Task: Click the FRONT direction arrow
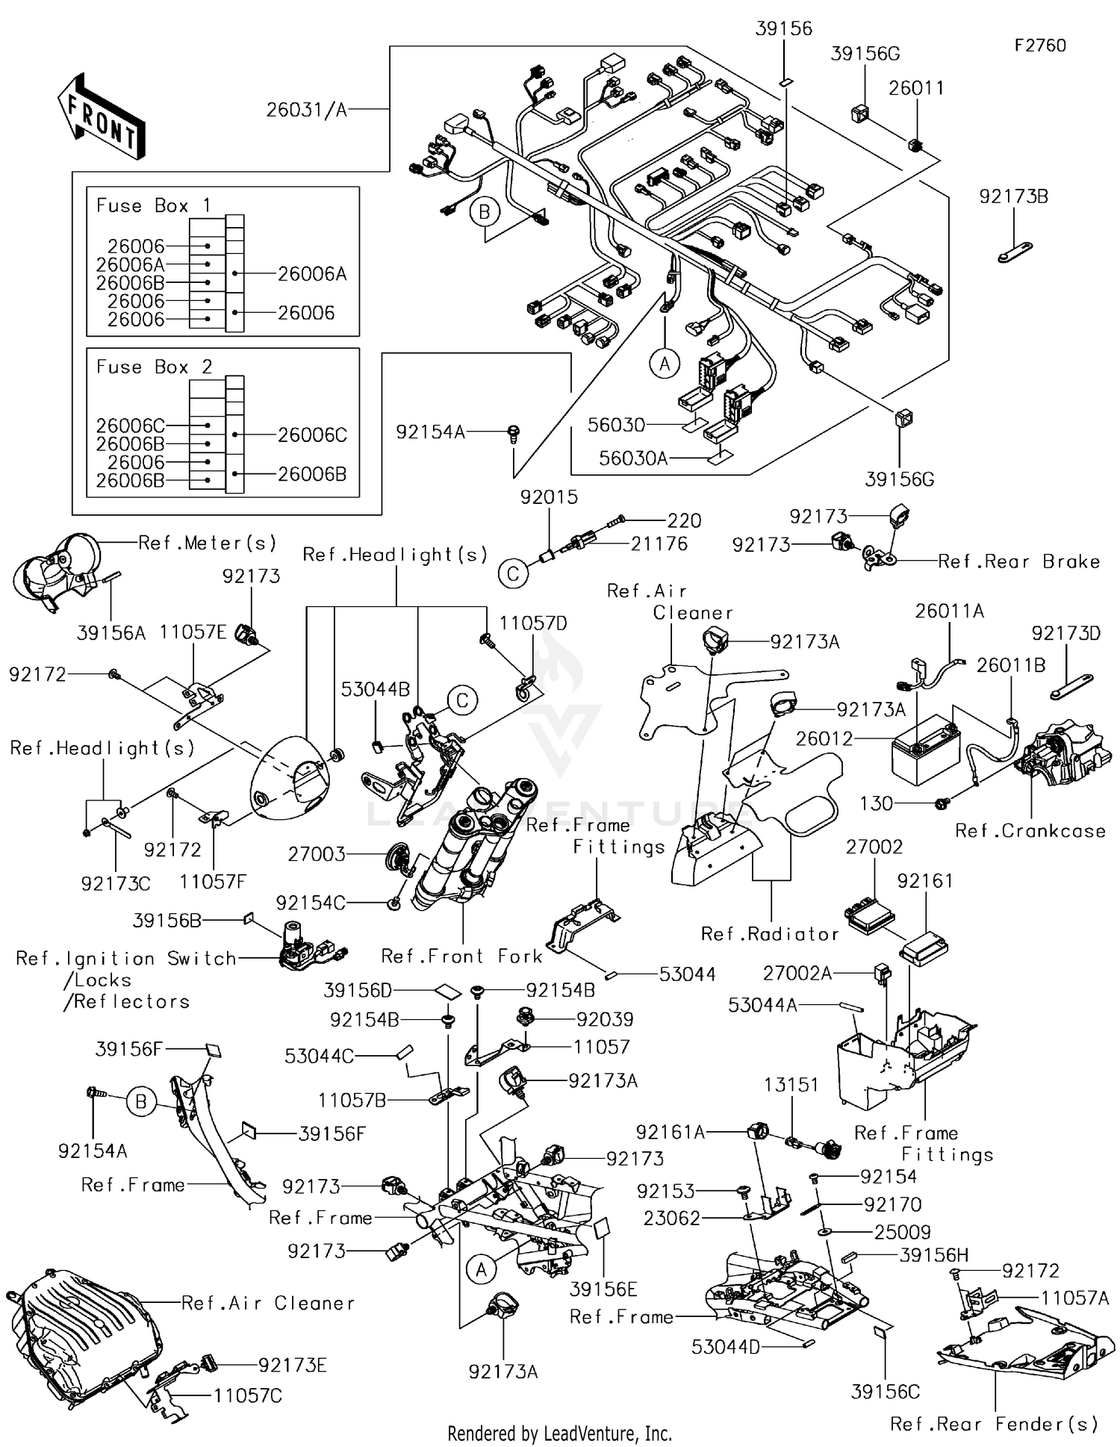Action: pos(102,116)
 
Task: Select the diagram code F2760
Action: pos(1040,46)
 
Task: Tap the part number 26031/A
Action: pos(307,111)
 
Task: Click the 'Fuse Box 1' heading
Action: pos(154,206)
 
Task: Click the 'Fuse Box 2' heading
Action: pos(154,367)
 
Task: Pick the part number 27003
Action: pos(317,854)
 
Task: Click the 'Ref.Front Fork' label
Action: pos(461,956)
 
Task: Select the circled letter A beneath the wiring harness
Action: pos(665,364)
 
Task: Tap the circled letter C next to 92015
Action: pos(513,573)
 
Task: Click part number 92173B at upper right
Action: pos(1013,197)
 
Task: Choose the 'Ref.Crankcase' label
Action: pos(1030,831)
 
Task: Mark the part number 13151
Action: pos(791,1085)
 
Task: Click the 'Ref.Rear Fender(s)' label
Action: pos(994,1424)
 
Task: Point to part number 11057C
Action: pos(248,1395)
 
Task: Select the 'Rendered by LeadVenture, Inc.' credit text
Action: pos(559,1434)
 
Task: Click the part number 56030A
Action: pos(633,458)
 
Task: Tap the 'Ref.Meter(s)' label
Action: pos(208,543)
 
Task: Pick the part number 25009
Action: pos(902,1232)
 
